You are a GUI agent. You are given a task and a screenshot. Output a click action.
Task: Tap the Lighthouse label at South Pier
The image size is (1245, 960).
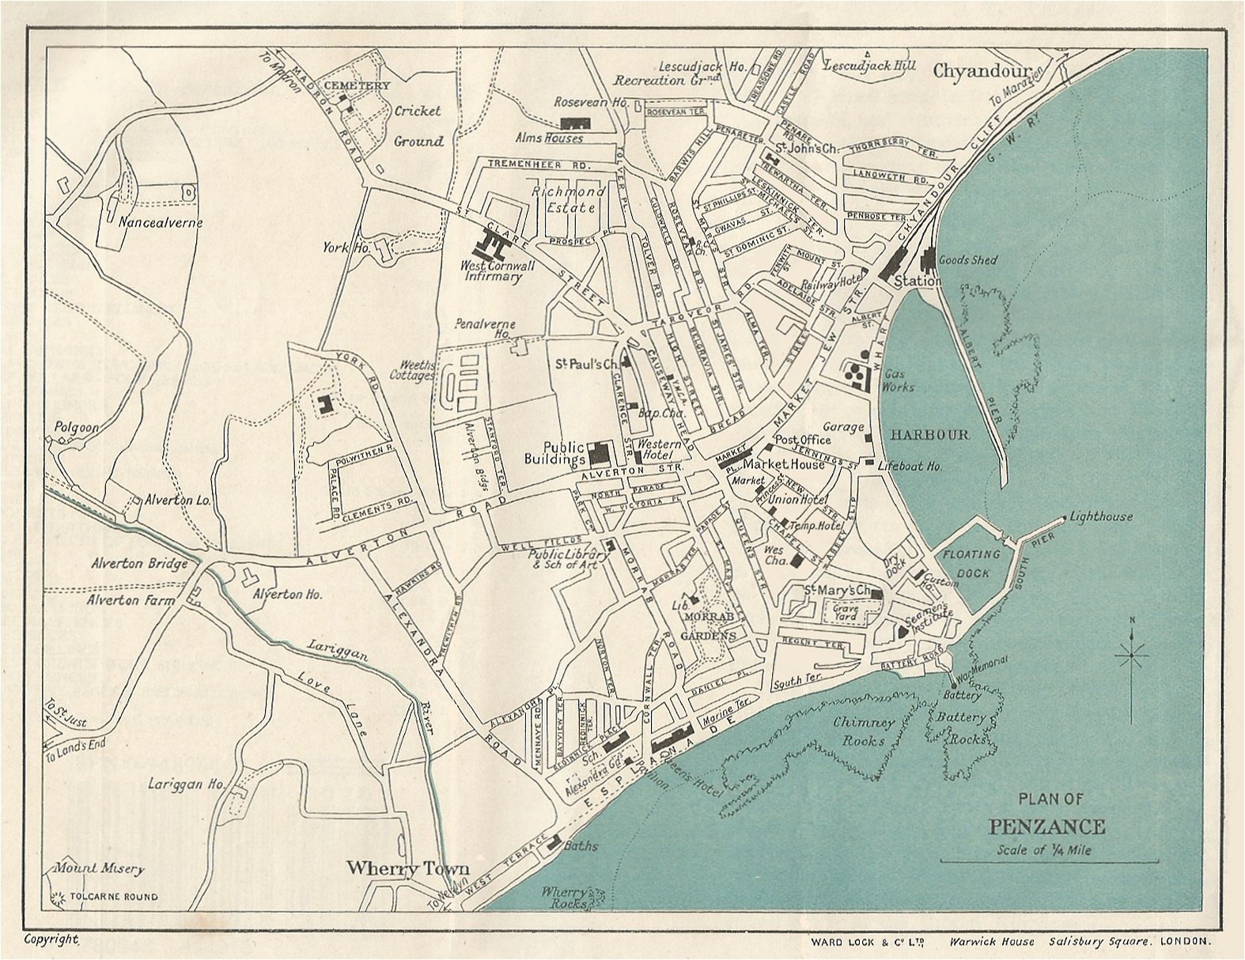pyautogui.click(x=1101, y=517)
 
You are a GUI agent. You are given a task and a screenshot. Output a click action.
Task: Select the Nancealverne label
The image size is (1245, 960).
pyautogui.click(x=161, y=223)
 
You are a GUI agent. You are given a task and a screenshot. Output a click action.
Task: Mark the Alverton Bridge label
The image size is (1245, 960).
pyautogui.click(x=139, y=564)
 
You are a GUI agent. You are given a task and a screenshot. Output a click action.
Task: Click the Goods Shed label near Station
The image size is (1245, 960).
pyautogui.click(x=967, y=259)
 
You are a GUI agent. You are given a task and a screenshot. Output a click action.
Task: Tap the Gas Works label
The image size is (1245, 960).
pyautogui.click(x=899, y=380)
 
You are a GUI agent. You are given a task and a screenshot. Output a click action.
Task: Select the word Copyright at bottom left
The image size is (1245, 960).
pyautogui.click(x=52, y=939)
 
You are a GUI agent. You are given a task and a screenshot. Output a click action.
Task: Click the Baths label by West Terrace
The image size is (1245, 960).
pyautogui.click(x=581, y=845)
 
